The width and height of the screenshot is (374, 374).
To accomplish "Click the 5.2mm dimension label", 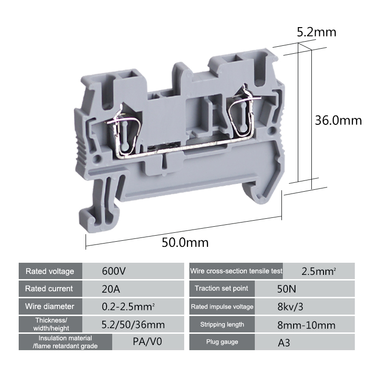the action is [x=316, y=32].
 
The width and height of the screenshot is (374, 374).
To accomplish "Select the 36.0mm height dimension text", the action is [x=338, y=120].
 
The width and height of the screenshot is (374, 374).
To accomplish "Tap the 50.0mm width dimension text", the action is [x=185, y=243].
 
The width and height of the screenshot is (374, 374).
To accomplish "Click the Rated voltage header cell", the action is [x=50, y=271].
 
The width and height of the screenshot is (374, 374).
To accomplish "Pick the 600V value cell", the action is [x=133, y=271].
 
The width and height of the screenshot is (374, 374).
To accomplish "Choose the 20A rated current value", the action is [x=111, y=289].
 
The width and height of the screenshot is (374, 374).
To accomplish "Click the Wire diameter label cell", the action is [x=50, y=306].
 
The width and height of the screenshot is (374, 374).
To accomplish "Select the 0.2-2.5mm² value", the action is [x=128, y=307].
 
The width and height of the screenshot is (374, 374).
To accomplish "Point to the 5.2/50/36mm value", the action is [x=133, y=324].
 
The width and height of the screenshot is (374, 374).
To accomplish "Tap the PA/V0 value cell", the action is [x=148, y=342].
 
